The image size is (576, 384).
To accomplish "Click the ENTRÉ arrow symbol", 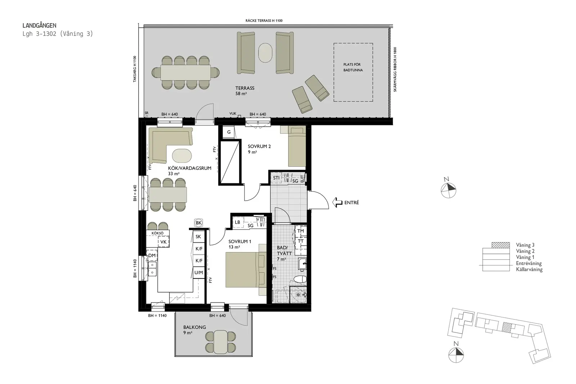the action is coord(337,202).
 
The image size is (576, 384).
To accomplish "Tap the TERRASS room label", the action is coord(245,88).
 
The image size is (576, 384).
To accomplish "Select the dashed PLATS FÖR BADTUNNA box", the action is coord(353,72).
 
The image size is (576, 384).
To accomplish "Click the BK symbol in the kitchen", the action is coord(198,223).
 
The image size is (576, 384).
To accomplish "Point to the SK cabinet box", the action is coord(199,237).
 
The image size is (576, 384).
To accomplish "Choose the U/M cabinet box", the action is coord(199,273).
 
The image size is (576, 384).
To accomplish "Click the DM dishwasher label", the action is coord(152,255).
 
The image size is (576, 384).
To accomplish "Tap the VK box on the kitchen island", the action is coord(163,242).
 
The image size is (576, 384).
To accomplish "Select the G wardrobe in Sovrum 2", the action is coord(229,132).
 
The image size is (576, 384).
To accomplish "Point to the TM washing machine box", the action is coord(301,231).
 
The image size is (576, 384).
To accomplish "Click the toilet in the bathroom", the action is coord(300,279).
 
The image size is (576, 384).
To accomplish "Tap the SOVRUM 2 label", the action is coord(259,147).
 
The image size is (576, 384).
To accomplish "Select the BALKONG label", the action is coord(194,327).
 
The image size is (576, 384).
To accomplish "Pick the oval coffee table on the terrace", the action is coord(265,53).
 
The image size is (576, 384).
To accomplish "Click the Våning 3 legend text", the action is coord(525,245).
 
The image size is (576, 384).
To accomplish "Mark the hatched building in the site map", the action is coord(506,327).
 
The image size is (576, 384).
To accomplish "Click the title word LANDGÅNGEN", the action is coord(39,26).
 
